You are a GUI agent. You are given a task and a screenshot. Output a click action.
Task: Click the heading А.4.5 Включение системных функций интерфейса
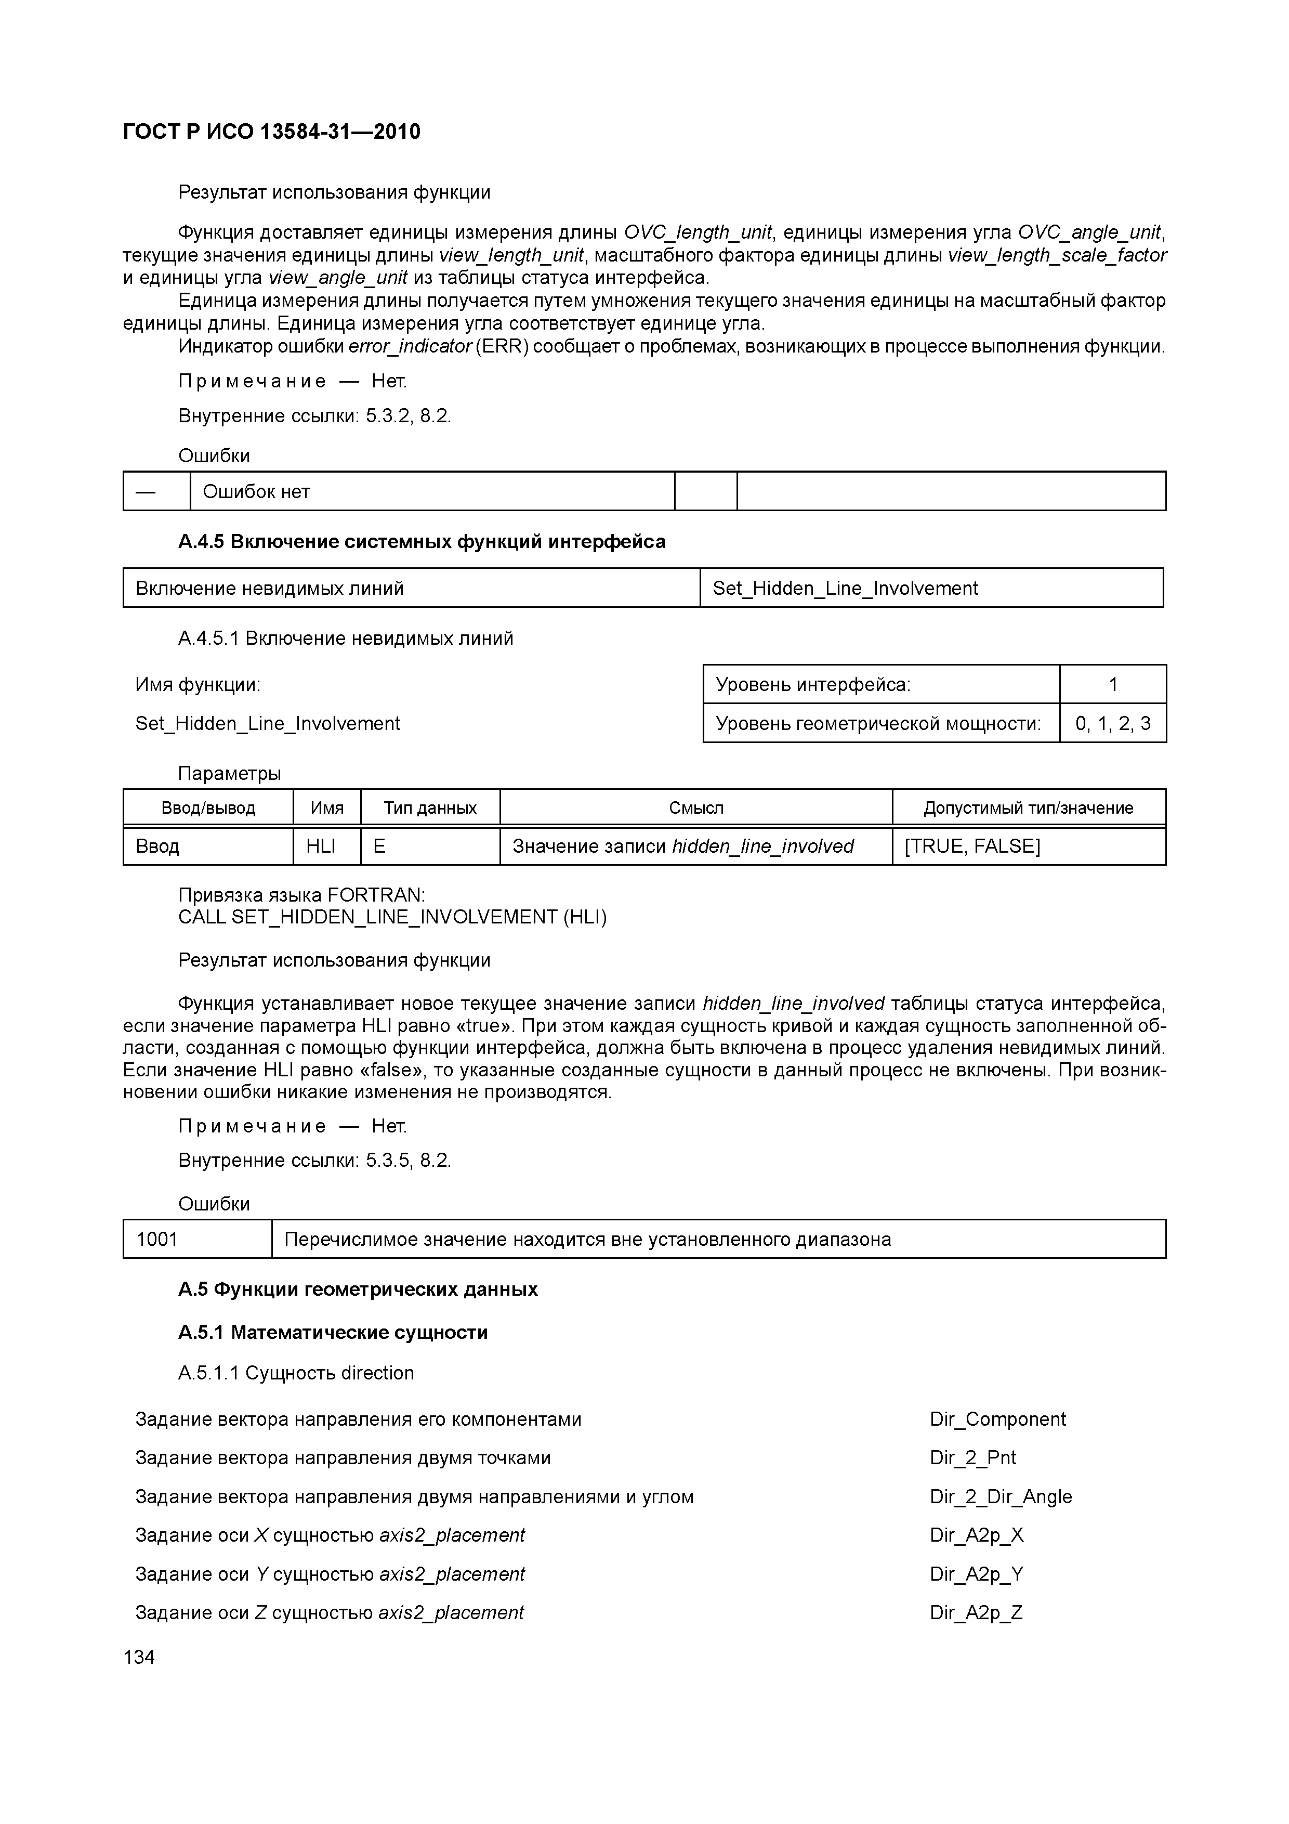422,542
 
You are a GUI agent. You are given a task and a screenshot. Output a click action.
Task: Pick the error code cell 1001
157,1239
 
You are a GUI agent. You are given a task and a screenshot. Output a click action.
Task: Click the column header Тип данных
430,809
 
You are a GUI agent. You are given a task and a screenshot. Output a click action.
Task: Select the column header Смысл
696,809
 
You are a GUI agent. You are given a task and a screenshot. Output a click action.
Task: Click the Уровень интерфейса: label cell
813,685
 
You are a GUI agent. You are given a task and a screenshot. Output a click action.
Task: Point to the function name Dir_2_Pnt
973,1458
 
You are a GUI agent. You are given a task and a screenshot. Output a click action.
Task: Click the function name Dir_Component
997,1419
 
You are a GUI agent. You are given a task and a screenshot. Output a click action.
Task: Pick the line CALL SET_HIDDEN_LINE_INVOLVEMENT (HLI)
392,918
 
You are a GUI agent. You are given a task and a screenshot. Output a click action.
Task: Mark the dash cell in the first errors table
146,492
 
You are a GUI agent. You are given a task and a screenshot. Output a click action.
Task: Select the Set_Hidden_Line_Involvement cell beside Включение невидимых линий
845,589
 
